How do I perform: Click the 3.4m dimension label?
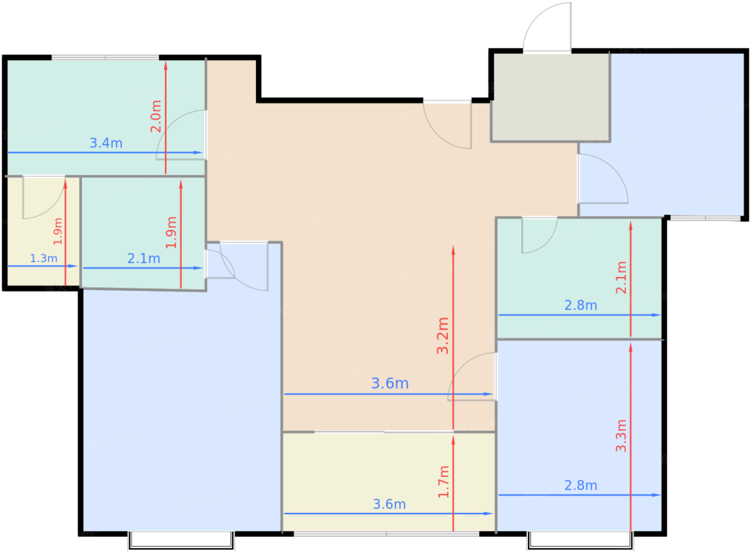pyautogui.click(x=106, y=143)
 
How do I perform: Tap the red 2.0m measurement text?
pyautogui.click(x=156, y=116)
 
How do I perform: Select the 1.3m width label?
pyautogui.click(x=44, y=258)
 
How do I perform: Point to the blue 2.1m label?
pyautogui.click(x=144, y=258)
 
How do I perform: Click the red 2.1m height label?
pyautogui.click(x=621, y=278)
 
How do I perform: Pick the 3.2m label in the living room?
pyautogui.click(x=443, y=336)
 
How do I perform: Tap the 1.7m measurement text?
pyautogui.click(x=443, y=482)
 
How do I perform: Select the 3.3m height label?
pyautogui.click(x=621, y=435)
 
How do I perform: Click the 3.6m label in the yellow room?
pyautogui.click(x=389, y=504)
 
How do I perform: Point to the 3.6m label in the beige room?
pyautogui.click(x=390, y=383)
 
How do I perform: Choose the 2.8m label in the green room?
pyautogui.click(x=580, y=305)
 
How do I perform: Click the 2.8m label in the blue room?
pyautogui.click(x=580, y=485)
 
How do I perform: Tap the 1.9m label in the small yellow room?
pyautogui.click(x=58, y=231)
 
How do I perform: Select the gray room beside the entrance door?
pyautogui.click(x=550, y=97)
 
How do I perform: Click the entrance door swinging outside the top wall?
pyautogui.click(x=547, y=27)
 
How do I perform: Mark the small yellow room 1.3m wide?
pyautogui.click(x=43, y=231)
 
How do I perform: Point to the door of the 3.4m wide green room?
pyautogui.click(x=181, y=135)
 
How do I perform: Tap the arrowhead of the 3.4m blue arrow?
pyautogui.click(x=198, y=152)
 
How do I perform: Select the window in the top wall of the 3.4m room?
pyautogui.click(x=105, y=57)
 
